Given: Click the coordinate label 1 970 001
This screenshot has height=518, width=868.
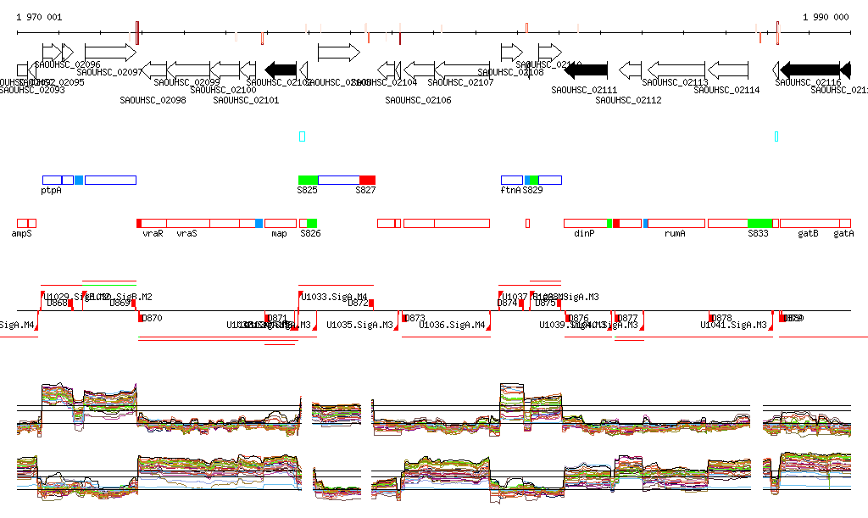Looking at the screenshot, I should [39, 17].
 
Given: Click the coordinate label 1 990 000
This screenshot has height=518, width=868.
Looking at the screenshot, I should [826, 17].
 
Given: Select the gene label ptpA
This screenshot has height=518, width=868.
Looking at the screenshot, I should [51, 191].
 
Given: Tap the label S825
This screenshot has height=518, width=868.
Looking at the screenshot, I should [307, 191].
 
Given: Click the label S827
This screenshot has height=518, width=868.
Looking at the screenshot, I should [365, 191].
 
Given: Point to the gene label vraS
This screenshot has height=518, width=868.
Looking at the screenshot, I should [186, 232].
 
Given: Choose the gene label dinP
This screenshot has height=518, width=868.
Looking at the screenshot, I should [585, 232].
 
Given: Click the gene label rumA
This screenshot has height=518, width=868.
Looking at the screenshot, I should [675, 232].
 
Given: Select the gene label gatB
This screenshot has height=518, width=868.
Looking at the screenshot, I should [808, 232].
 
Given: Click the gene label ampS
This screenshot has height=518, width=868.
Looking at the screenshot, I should [22, 232].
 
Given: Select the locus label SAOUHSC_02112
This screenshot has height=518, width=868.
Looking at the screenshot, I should [628, 100].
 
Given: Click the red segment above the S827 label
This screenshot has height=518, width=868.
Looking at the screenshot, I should [367, 180].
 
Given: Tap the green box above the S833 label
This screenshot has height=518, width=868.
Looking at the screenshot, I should [759, 222].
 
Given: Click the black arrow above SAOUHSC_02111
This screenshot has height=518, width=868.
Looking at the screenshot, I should [585, 70].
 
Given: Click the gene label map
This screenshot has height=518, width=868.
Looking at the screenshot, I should [279, 232].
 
